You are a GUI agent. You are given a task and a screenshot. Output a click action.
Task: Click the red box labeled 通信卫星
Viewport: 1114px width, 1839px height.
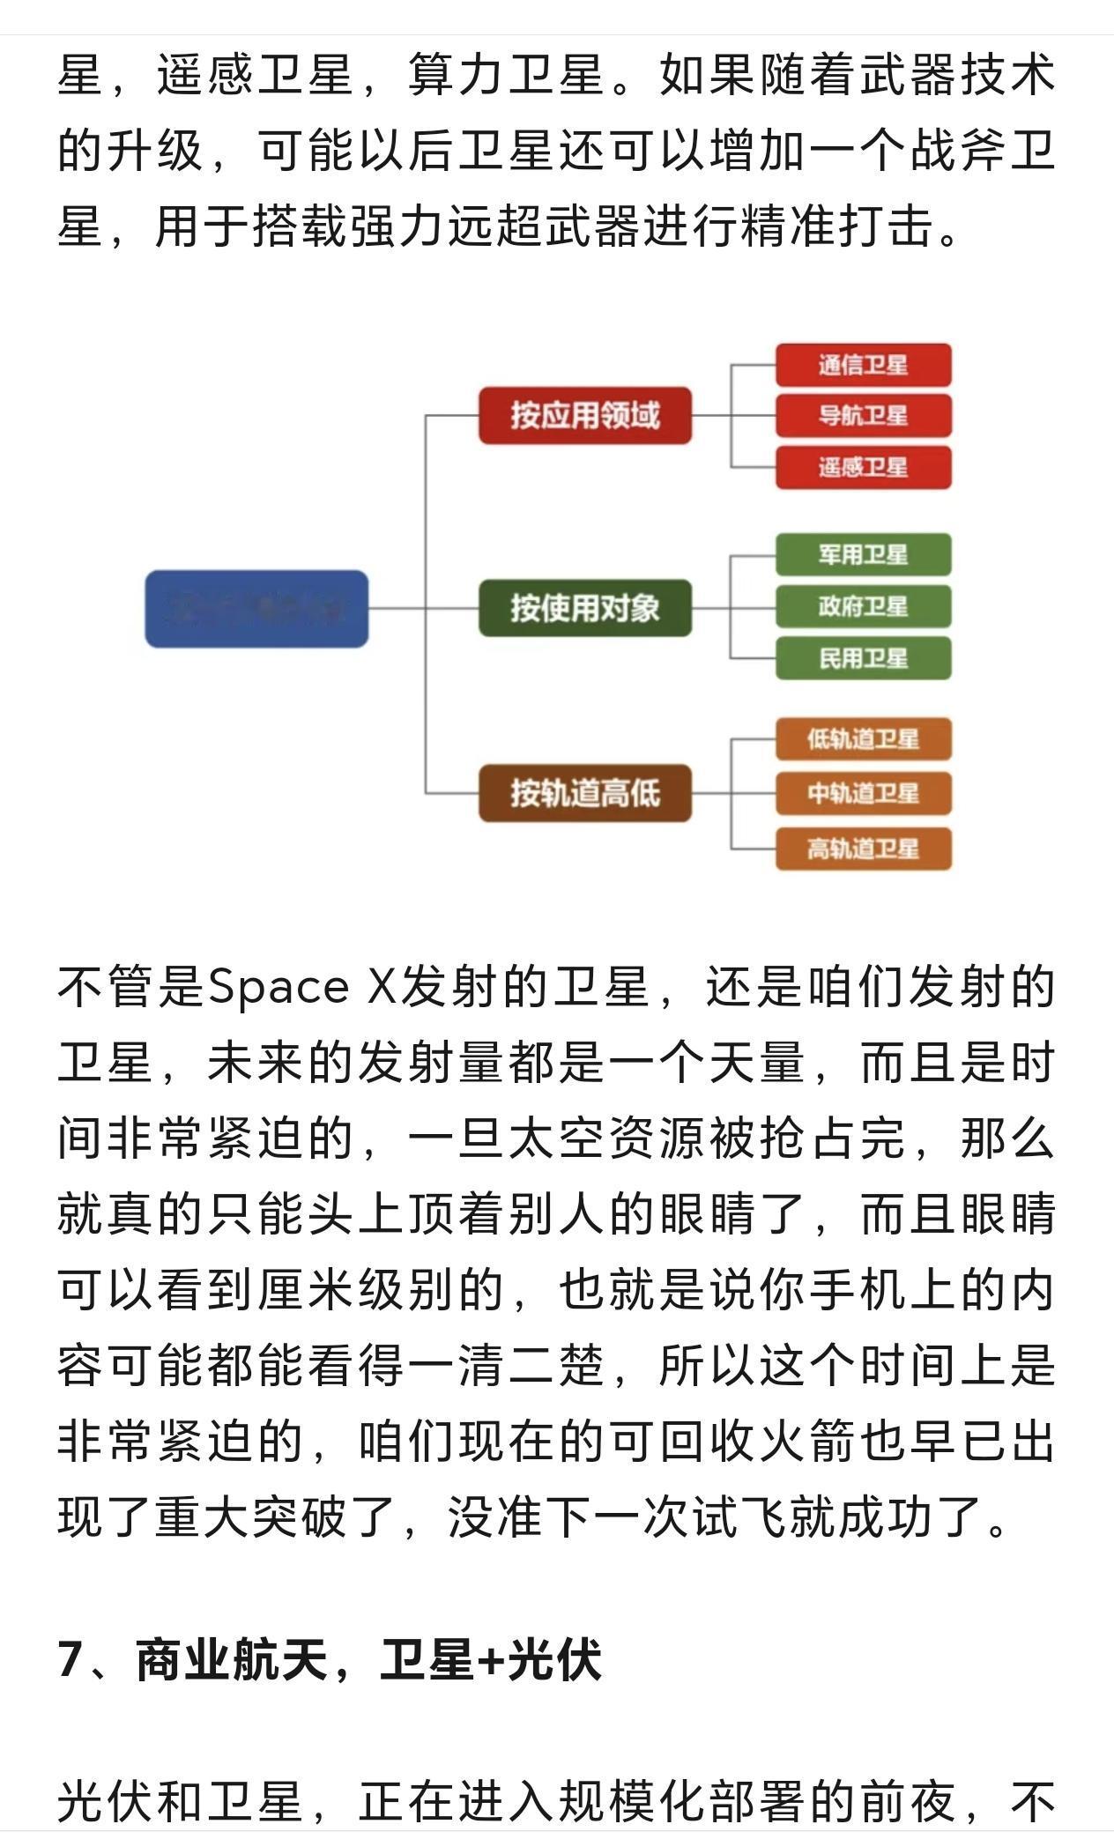863,365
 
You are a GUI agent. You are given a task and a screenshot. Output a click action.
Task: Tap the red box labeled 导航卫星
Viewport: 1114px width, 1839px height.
863,416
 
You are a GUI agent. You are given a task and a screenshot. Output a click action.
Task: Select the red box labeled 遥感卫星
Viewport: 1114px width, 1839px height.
863,467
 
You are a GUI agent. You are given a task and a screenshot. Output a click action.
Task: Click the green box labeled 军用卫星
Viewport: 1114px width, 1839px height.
863,554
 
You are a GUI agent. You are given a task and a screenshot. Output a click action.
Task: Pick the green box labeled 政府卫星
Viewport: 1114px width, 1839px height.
863,606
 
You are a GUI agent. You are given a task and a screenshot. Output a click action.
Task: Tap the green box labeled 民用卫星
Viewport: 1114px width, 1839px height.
863,658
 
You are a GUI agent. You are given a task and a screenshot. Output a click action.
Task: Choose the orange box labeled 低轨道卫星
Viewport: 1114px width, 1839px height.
863,738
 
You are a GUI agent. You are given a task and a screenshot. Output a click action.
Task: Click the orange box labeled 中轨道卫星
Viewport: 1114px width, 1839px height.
863,793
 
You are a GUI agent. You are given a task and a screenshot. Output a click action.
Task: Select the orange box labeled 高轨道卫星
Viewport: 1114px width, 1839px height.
863,849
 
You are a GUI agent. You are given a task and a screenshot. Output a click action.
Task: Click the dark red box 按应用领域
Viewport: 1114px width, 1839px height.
584,415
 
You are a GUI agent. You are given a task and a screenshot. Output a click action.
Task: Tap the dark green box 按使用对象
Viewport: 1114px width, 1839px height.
584,608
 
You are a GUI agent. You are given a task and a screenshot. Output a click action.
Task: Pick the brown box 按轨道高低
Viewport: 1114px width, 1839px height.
584,793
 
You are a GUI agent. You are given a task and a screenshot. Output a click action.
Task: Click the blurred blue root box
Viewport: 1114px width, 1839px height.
256,609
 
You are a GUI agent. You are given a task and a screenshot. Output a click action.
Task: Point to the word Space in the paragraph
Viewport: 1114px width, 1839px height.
278,988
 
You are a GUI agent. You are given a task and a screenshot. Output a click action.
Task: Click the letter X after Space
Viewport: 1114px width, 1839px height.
382,988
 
